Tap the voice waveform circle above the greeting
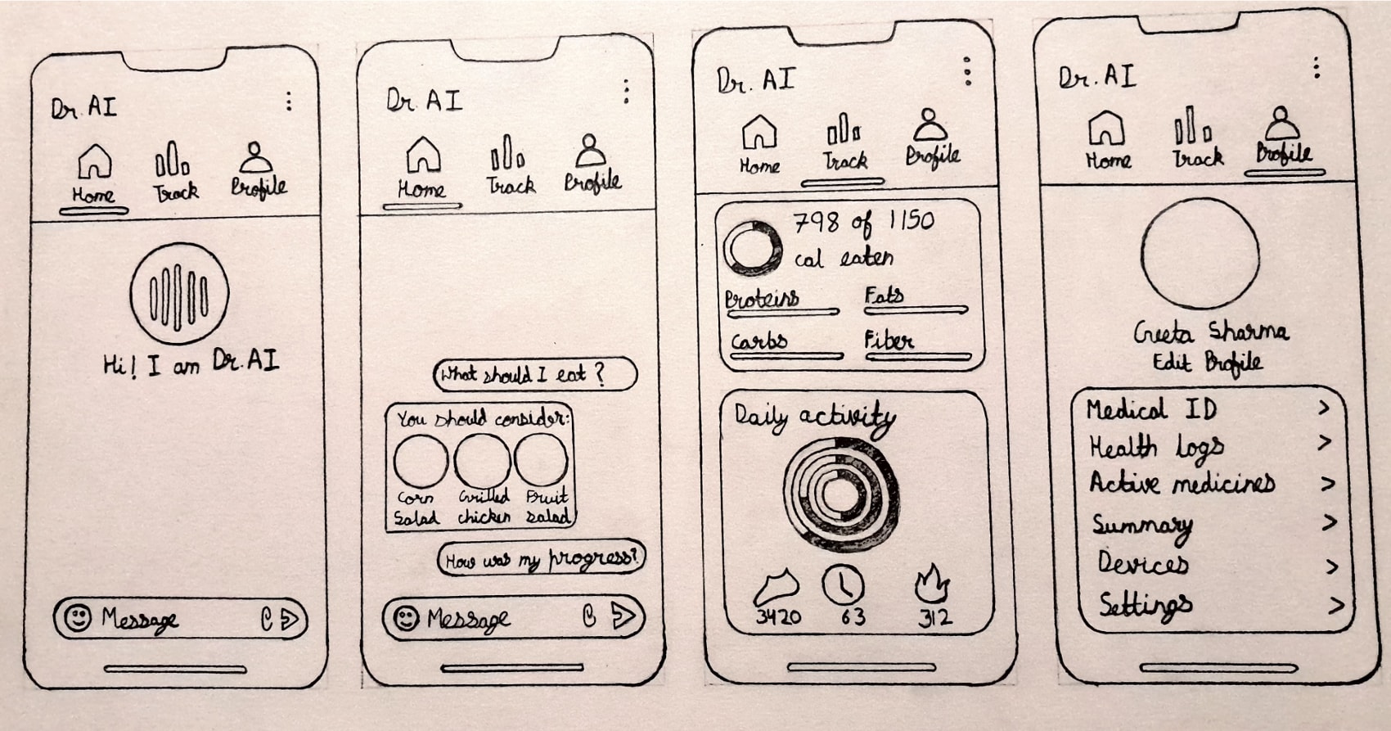[x=179, y=294]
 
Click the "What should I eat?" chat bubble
[x=534, y=374]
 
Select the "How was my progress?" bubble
[x=541, y=557]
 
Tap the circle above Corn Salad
[x=421, y=461]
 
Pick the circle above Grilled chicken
[x=482, y=461]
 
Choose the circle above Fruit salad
[x=541, y=459]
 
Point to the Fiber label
[x=889, y=341]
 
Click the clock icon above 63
[x=843, y=584]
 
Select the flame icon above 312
[x=932, y=584]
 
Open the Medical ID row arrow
[x=1324, y=408]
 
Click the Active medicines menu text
[x=1182, y=483]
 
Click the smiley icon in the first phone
[x=79, y=618]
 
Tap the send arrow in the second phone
[x=623, y=616]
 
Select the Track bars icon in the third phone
[x=844, y=129]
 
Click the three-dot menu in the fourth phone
[x=1317, y=68]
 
